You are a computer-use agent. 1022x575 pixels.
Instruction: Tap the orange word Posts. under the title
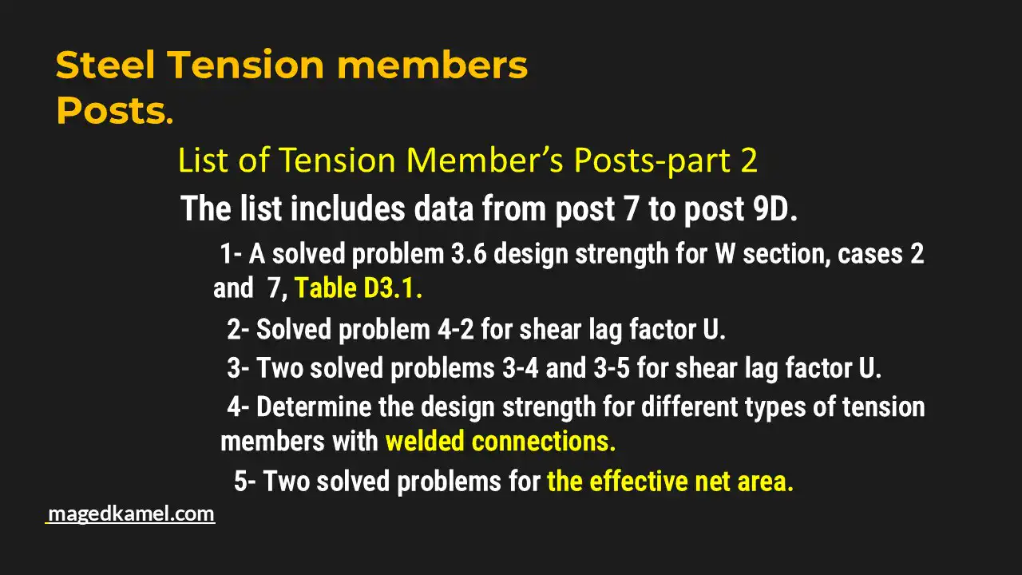tap(114, 112)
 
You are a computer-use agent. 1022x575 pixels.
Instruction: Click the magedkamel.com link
tap(131, 514)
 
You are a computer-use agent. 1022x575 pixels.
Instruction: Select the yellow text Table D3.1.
tap(358, 288)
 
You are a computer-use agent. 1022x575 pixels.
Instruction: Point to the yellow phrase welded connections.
tap(501, 441)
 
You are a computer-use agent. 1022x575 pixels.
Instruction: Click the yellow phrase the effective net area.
tap(671, 482)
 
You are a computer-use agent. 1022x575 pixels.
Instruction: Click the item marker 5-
tap(245, 482)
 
